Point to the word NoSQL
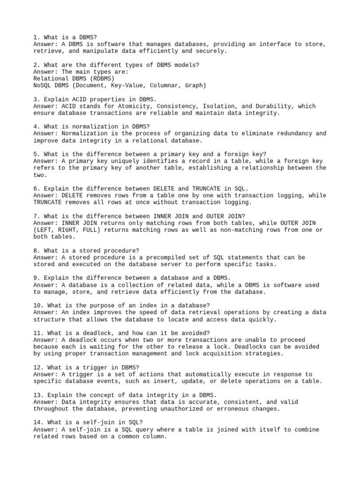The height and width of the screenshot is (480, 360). (43, 86)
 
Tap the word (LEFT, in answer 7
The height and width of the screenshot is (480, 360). (45, 230)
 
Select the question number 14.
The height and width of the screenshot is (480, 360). (39, 422)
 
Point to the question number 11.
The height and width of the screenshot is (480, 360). (39, 333)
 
